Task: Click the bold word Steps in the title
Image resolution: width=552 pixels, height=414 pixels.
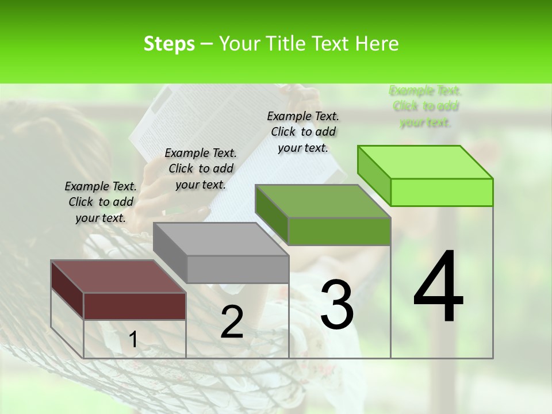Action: tap(169, 44)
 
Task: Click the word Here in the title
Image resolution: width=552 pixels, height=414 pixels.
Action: tap(377, 44)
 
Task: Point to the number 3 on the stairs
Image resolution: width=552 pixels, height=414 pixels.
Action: tap(337, 305)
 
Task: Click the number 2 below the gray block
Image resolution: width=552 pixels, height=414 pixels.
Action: tap(232, 322)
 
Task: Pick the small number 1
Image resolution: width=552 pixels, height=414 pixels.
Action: tap(133, 340)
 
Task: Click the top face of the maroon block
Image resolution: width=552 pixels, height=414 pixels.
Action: tap(118, 277)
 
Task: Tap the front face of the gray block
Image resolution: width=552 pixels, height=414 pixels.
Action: tap(237, 269)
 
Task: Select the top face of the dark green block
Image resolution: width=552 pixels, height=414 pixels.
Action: tap(323, 201)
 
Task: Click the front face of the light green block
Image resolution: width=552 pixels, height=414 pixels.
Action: tap(442, 192)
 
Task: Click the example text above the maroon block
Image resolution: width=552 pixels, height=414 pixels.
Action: tap(101, 202)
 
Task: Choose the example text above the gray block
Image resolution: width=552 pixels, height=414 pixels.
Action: tap(201, 168)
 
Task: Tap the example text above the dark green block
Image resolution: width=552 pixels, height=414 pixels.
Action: tap(303, 132)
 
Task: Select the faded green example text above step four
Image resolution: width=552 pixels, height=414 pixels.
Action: tap(425, 106)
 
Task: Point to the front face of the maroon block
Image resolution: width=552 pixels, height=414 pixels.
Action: tap(135, 306)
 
